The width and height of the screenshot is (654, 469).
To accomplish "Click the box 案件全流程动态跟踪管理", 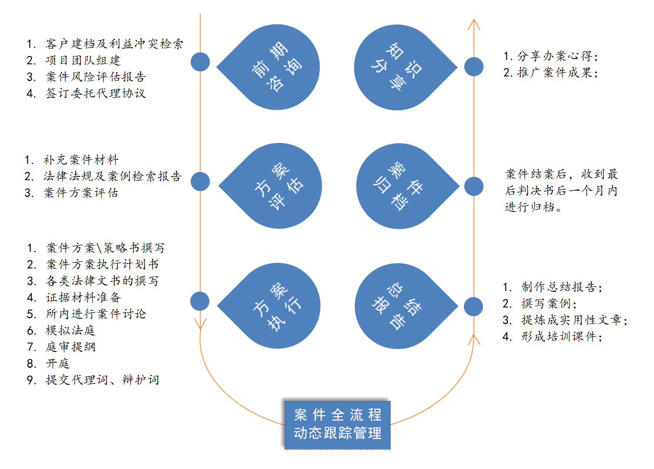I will (x=337, y=425).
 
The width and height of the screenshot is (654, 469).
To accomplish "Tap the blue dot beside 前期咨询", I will (x=200, y=62).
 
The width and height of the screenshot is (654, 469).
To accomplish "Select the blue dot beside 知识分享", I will (x=474, y=67).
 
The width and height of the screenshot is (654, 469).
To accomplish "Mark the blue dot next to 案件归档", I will (x=474, y=186).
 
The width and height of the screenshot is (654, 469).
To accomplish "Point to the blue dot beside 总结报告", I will (x=473, y=307).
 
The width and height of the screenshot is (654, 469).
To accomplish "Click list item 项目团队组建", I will (x=83, y=60).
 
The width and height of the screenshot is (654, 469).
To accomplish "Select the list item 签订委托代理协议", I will (x=96, y=93).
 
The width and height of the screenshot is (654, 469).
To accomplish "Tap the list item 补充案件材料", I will (x=81, y=160).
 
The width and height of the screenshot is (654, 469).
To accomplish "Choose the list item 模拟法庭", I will (x=70, y=330).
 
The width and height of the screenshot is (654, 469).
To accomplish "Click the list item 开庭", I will (x=58, y=363).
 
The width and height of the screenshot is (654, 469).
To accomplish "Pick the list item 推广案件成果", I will (x=557, y=73).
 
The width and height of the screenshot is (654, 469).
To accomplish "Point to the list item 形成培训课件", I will (x=562, y=337).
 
